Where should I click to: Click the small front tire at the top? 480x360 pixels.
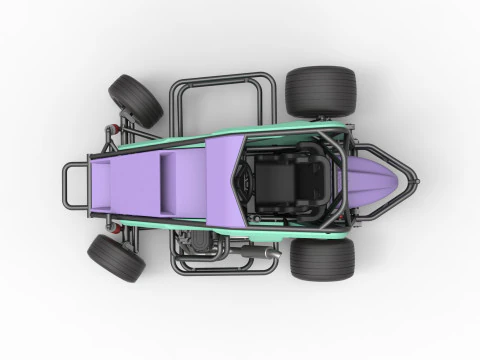(136, 100)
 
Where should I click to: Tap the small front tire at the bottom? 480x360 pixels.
(116, 257)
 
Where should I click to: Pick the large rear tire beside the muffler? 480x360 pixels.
(322, 258)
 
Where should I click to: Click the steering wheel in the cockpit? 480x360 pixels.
(244, 179)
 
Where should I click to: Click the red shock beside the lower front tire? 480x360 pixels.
(121, 228)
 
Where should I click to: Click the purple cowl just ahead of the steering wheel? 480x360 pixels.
(222, 177)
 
